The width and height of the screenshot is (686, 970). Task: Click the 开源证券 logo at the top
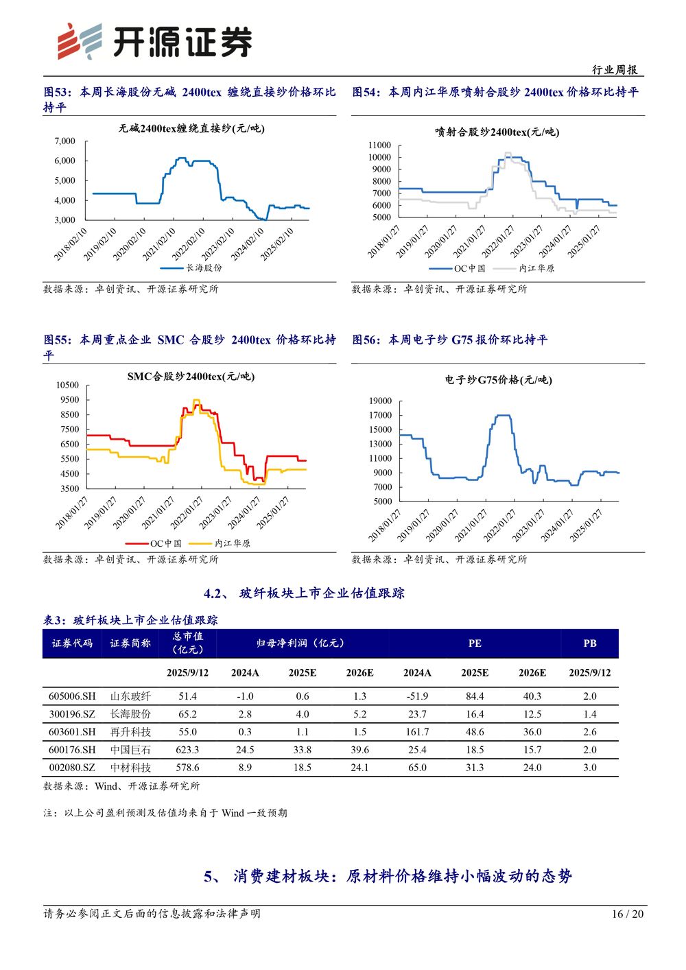pos(154,41)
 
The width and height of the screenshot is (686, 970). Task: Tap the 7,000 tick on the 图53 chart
pos(65,141)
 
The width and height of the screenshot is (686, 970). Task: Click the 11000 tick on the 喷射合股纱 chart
pos(379,145)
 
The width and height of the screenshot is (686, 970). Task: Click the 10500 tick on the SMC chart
pos(67,386)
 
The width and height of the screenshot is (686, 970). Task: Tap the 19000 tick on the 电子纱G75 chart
pos(380,401)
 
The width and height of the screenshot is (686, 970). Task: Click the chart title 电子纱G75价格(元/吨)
pos(498,380)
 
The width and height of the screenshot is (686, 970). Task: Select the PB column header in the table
pos(589,643)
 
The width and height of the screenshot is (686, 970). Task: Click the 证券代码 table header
pos(72,643)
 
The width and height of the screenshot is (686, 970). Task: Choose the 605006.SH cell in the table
pos(72,696)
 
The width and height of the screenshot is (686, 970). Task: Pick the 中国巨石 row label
pos(130,750)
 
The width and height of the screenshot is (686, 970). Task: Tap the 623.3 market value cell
pos(187,750)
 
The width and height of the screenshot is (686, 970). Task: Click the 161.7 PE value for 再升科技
pos(417,732)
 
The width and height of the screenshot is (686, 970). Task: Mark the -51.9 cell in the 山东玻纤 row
pos(417,696)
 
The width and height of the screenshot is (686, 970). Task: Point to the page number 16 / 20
pos(628,914)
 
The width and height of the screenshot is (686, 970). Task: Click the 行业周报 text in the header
pos(615,69)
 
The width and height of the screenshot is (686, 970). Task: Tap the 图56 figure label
pos(366,340)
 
